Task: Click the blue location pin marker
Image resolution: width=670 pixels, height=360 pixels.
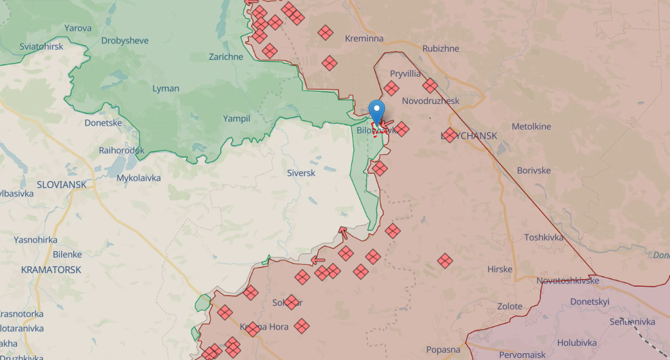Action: tap(376, 111)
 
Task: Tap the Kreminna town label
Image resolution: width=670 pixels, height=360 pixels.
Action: tap(364, 39)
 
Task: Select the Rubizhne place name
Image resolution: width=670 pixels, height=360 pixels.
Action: tap(441, 49)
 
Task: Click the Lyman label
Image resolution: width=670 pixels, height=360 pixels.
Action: tap(166, 88)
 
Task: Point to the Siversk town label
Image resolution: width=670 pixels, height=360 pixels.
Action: tap(301, 173)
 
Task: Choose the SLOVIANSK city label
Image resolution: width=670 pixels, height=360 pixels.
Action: tap(62, 184)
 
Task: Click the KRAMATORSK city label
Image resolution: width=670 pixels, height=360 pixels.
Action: tap(51, 270)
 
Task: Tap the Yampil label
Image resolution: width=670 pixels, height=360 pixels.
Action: tap(236, 118)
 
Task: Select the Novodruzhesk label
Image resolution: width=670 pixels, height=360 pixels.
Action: tap(431, 101)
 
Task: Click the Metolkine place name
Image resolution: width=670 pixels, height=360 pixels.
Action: tap(531, 127)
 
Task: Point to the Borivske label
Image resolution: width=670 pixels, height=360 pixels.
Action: tap(533, 170)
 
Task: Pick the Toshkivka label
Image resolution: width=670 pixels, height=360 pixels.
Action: tap(544, 237)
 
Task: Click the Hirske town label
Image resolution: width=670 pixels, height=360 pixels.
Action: tap(499, 270)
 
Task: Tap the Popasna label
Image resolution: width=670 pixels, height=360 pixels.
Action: tap(443, 350)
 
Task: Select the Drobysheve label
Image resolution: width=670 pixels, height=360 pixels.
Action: tap(125, 41)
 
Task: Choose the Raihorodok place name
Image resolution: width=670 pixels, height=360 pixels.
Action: tap(122, 150)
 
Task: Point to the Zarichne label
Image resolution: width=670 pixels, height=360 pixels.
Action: tap(226, 57)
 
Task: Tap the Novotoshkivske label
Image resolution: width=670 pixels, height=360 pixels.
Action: tap(567, 281)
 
